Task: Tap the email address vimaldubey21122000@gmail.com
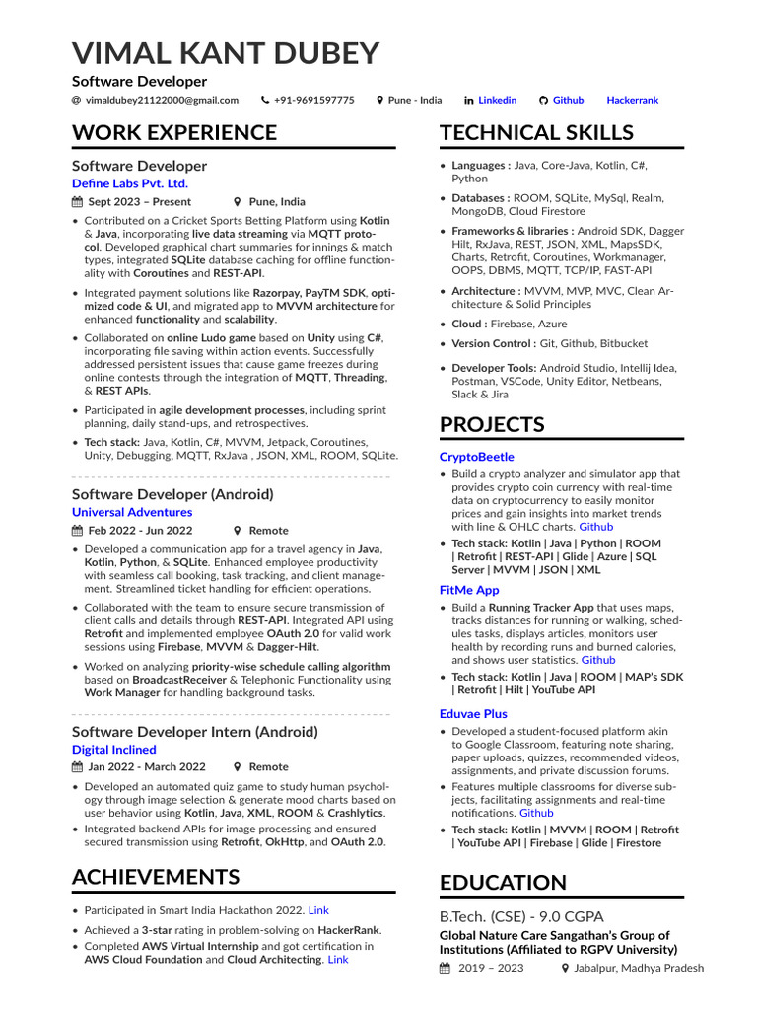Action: (161, 100)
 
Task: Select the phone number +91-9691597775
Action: (313, 100)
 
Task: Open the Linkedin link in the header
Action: (497, 100)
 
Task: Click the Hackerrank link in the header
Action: (632, 100)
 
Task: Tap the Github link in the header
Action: (568, 100)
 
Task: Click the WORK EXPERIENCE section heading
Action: (174, 132)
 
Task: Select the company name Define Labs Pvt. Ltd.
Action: (129, 183)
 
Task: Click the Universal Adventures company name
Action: (132, 512)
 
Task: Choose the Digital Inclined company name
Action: (113, 750)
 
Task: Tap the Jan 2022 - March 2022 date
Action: (146, 766)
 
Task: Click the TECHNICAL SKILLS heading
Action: (536, 132)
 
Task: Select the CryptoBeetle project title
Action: (476, 457)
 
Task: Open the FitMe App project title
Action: (469, 590)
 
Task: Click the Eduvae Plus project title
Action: (473, 713)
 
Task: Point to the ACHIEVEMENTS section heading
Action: (156, 877)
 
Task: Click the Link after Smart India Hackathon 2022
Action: (318, 910)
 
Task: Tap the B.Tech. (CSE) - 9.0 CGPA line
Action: (521, 916)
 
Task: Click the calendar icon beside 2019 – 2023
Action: (446, 969)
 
